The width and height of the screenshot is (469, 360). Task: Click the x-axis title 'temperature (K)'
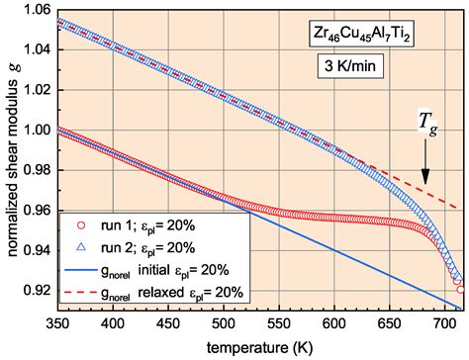pyautogui.click(x=256, y=346)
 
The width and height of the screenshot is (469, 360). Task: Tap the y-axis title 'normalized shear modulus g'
pyautogui.click(x=10, y=158)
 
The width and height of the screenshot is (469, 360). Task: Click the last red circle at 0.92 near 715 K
pyautogui.click(x=461, y=289)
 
